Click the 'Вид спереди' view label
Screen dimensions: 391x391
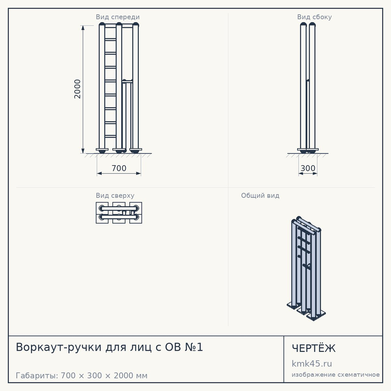(118, 17)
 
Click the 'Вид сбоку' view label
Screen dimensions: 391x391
(314, 17)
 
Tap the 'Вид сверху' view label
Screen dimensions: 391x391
(115, 195)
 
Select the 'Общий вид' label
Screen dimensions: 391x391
(260, 195)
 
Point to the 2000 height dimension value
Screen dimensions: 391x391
(77, 89)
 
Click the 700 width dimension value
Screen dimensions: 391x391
(119, 168)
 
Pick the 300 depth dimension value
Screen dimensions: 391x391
(308, 168)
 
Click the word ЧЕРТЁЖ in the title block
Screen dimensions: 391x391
(314, 348)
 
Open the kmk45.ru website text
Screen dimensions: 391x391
(312, 364)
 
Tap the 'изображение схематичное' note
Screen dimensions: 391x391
(335, 375)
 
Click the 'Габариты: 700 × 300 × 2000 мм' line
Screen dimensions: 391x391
(82, 375)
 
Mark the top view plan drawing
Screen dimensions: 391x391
(119, 213)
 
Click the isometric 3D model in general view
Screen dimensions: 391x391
(306, 269)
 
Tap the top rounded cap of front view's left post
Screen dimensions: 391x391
(102, 24)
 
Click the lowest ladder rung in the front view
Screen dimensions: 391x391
(111, 136)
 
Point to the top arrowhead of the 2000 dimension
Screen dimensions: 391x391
(83, 27)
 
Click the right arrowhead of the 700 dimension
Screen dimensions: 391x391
(139, 173)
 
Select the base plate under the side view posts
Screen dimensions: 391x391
(308, 149)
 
